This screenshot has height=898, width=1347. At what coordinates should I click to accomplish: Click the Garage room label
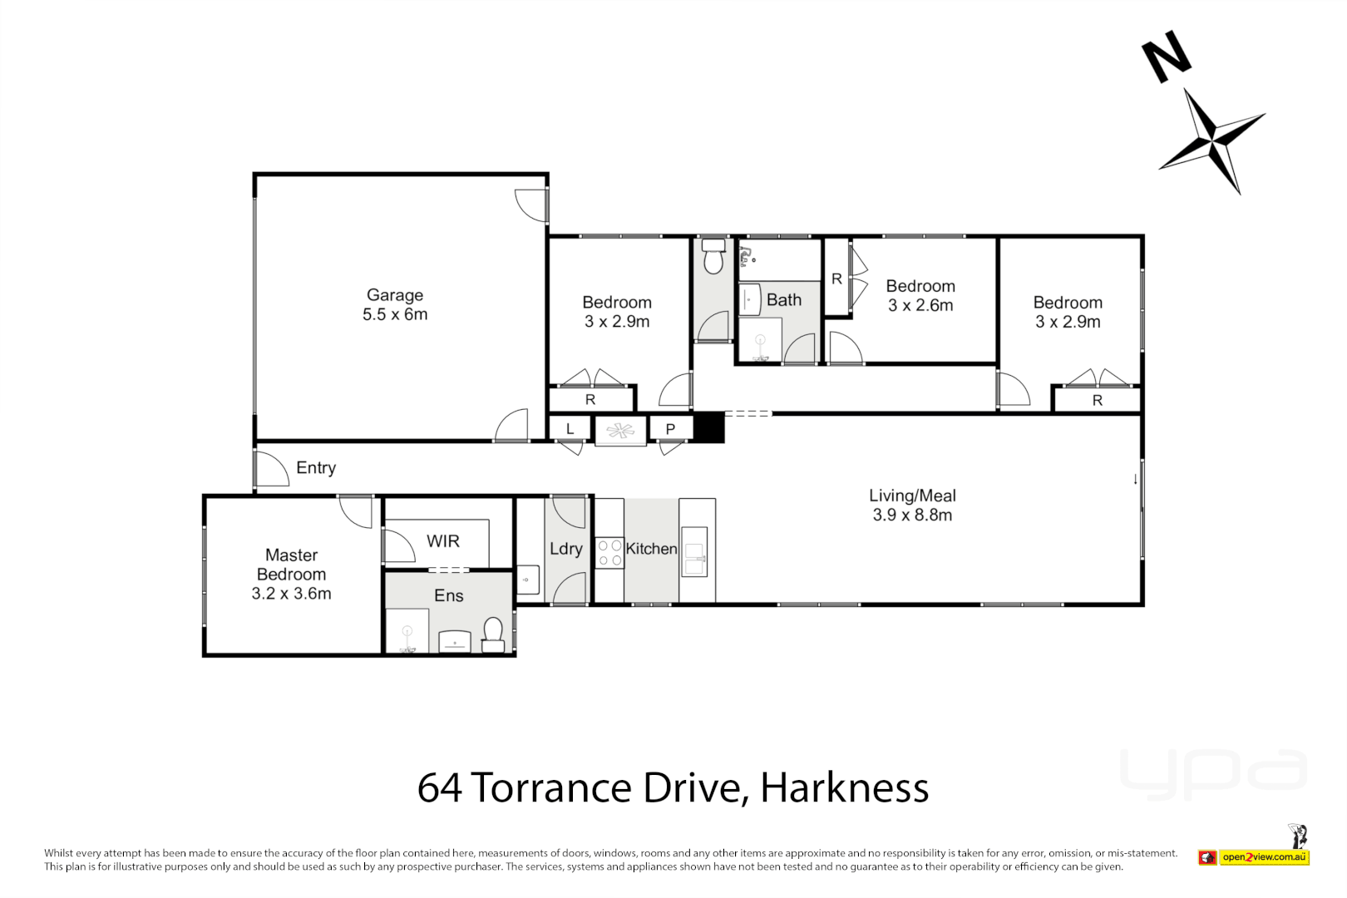tap(395, 295)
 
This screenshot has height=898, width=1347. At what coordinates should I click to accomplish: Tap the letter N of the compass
tap(1166, 57)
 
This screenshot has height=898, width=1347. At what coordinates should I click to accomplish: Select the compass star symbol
tap(1212, 141)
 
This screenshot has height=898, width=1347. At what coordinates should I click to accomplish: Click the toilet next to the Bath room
tap(713, 259)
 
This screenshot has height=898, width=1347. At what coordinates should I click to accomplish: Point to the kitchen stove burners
tap(609, 553)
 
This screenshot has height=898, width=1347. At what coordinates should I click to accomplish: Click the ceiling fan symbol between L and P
tap(620, 430)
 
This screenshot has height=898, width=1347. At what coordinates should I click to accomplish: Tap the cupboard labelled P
tap(670, 429)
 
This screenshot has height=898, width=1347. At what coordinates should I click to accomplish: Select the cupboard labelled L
tap(570, 429)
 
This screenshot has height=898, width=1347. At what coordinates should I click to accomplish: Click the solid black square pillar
tap(709, 427)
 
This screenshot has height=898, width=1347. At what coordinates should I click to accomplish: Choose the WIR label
tap(442, 541)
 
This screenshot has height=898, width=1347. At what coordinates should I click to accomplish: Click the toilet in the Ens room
tap(493, 634)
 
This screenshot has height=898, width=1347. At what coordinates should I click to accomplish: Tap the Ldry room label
tap(565, 549)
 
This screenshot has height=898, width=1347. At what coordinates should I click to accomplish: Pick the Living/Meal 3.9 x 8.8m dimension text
tap(912, 516)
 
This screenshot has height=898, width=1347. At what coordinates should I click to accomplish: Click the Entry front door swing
tap(271, 469)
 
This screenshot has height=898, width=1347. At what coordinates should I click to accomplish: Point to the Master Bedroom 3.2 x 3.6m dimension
tap(291, 594)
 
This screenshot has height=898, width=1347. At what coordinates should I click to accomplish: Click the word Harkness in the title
tap(844, 787)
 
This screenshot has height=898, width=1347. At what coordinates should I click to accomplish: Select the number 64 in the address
tap(441, 787)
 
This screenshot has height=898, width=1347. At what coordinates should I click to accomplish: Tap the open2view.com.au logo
tap(1264, 857)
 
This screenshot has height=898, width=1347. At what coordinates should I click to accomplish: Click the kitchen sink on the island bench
tap(693, 559)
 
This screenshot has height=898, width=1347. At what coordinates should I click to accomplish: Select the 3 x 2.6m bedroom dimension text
tap(920, 305)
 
